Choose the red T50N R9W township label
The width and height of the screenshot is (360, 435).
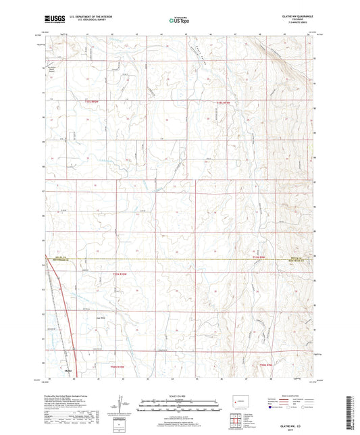269,365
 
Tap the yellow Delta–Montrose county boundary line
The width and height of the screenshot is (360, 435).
169,259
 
